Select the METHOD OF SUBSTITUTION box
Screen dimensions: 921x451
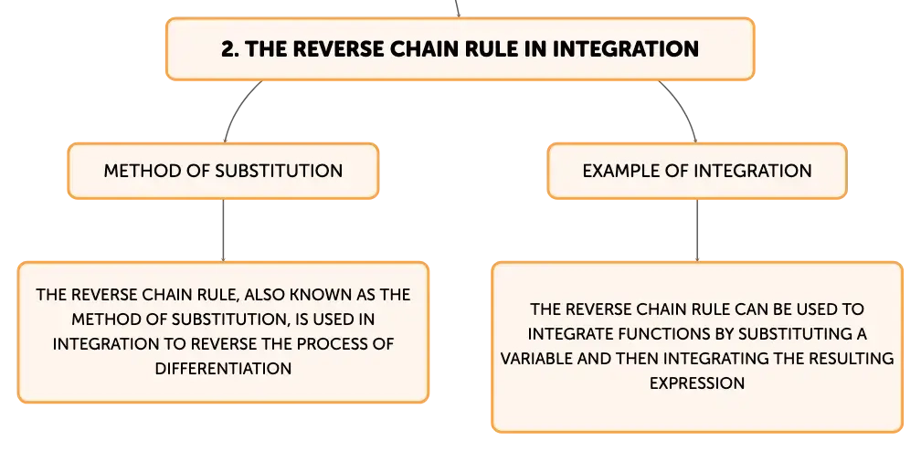coord(223,171)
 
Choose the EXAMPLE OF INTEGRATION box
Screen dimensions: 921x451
coord(697,171)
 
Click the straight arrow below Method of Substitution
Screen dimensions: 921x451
coord(223,230)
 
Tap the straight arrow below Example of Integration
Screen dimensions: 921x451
coord(697,230)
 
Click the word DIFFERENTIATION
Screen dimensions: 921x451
coord(223,369)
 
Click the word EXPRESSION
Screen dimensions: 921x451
coord(697,383)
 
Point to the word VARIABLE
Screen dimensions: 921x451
coord(537,358)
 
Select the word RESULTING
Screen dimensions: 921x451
coord(852,358)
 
